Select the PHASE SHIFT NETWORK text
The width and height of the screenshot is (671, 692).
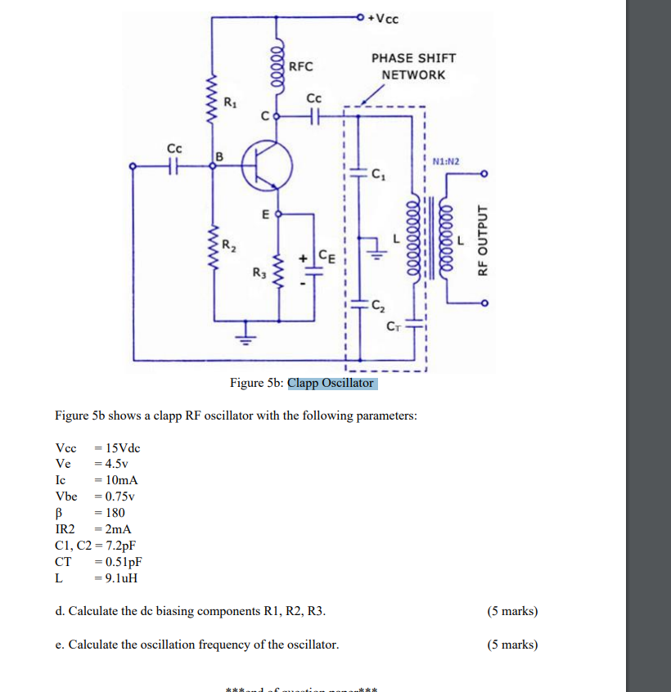[x=413, y=66]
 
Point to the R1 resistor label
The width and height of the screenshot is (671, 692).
[x=232, y=103]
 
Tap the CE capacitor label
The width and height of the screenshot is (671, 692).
[x=326, y=254]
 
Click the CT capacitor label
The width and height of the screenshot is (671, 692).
[x=395, y=327]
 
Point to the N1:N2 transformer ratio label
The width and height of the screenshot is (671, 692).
[x=446, y=162]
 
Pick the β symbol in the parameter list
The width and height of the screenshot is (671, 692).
[x=59, y=512]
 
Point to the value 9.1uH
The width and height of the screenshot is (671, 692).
[x=116, y=577]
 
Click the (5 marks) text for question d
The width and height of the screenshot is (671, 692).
[x=512, y=611]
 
